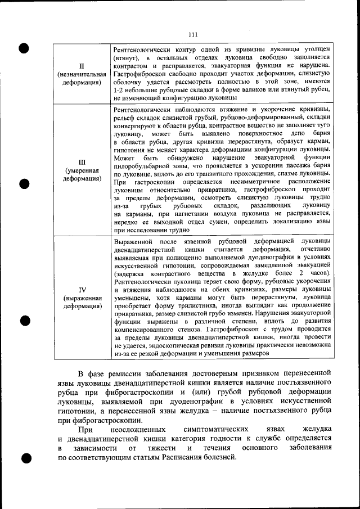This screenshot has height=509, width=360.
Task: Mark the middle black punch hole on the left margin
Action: click(x=24, y=183)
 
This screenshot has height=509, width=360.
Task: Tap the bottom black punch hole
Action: click(x=24, y=458)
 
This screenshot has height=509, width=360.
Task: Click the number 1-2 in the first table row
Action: click(x=119, y=89)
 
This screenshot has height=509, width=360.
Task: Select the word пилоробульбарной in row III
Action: click(x=141, y=166)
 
